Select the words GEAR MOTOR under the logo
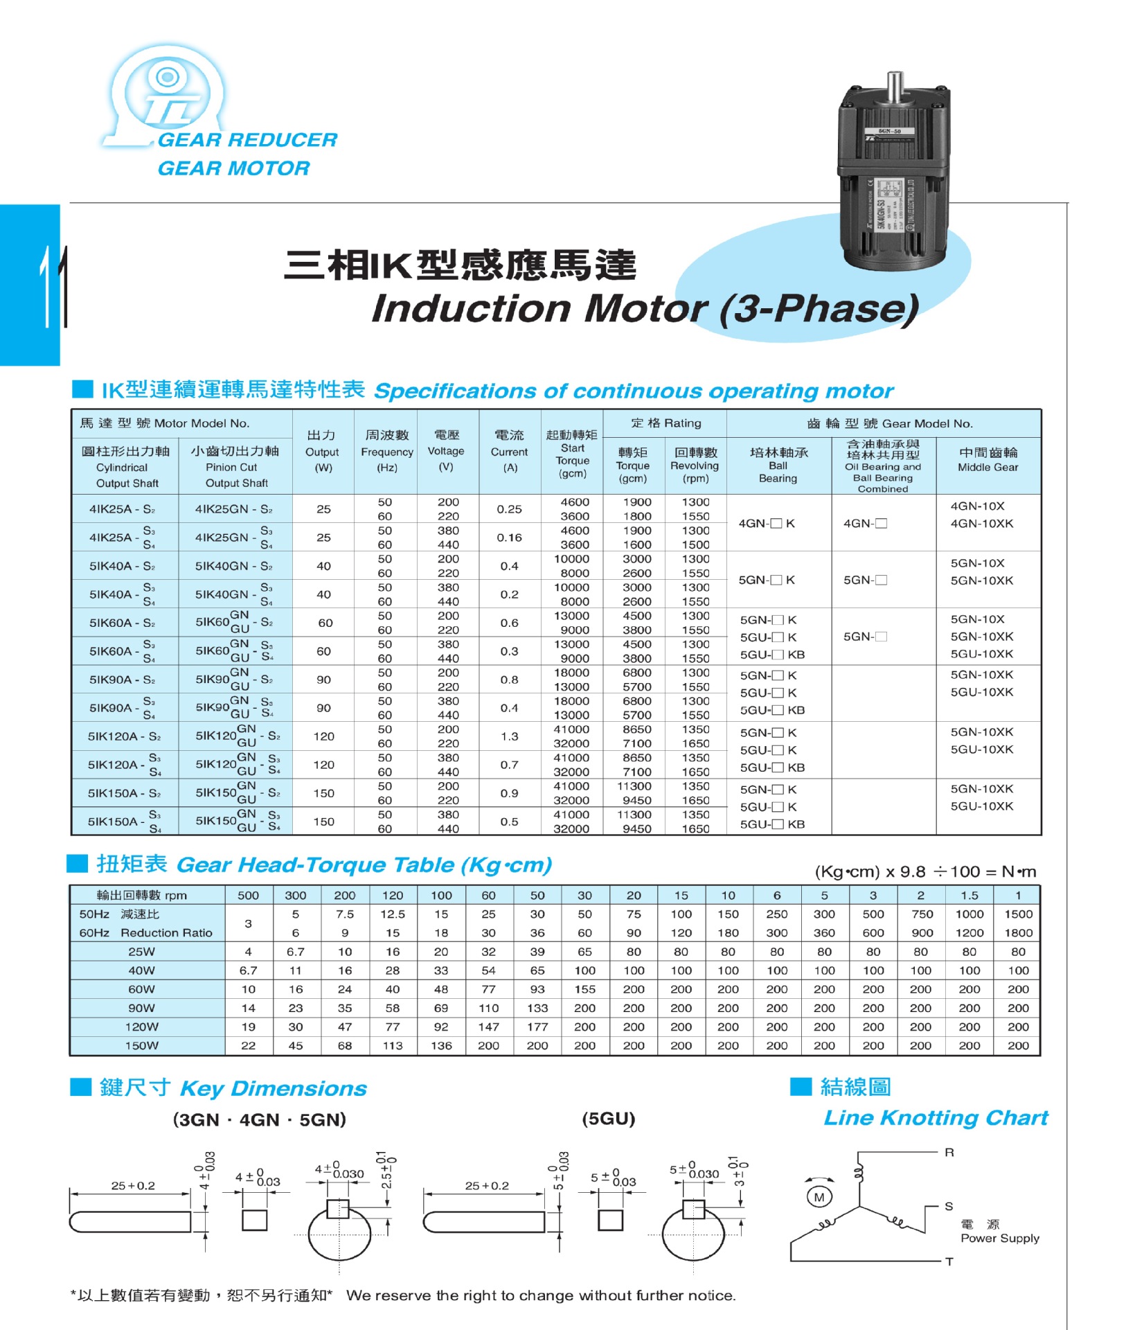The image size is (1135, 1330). click(233, 168)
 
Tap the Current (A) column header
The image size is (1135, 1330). click(509, 451)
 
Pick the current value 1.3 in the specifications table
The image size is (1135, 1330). click(509, 736)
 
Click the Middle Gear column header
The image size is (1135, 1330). click(987, 459)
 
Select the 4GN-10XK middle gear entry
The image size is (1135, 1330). click(981, 524)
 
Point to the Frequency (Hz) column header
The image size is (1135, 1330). click(386, 451)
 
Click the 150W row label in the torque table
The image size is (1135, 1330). click(141, 1045)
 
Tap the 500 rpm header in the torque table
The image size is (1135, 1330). click(248, 895)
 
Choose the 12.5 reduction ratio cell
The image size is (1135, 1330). click(392, 914)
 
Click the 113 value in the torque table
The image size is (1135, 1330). click(392, 1045)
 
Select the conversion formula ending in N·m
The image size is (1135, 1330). click(924, 871)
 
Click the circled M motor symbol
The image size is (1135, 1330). click(819, 1197)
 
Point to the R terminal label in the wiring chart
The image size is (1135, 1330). click(949, 1153)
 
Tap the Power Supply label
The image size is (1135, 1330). click(999, 1238)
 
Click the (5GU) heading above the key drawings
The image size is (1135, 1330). click(608, 1119)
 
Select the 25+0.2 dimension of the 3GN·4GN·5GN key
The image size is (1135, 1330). click(133, 1185)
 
